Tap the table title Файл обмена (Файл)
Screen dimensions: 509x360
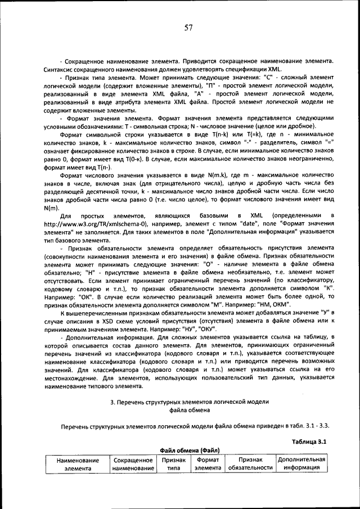[x=190, y=450]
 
